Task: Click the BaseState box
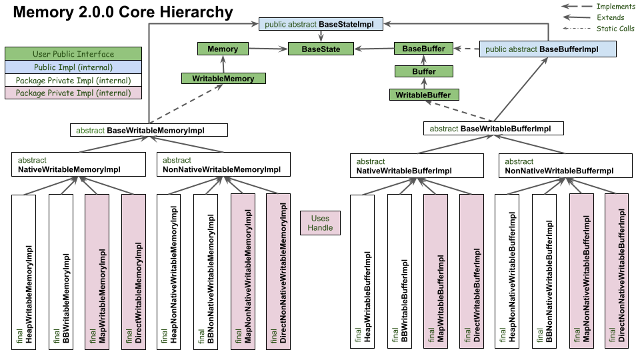tap(321, 49)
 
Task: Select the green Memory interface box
tap(223, 49)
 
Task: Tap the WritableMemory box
tap(223, 78)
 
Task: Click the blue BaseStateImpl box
tap(321, 25)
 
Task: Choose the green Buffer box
tap(424, 71)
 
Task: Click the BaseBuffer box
tap(424, 49)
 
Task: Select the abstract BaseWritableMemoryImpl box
tap(149, 130)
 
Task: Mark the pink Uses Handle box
tap(320, 223)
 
